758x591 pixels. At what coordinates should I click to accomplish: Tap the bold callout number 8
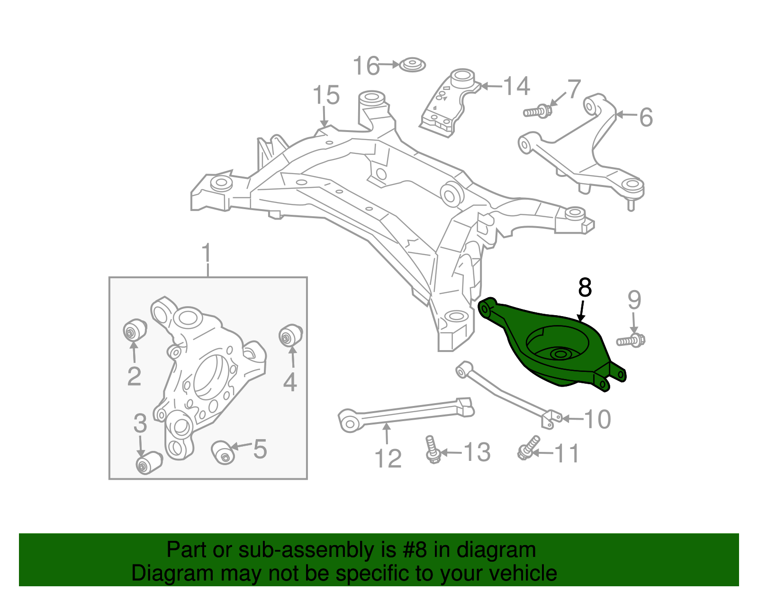tap(585, 288)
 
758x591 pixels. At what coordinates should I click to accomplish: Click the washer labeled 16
tap(412, 65)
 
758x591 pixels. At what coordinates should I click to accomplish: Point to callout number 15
tap(326, 95)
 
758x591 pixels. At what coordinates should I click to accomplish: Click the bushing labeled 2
tap(134, 330)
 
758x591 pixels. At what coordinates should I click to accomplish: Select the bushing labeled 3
tap(148, 462)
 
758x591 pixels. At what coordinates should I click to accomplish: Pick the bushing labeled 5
tap(223, 451)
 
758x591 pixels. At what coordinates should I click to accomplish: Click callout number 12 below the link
tap(388, 459)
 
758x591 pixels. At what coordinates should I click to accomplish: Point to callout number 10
tap(597, 419)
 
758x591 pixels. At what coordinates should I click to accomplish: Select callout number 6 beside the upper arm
tap(646, 117)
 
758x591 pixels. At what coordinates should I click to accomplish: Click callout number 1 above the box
tap(207, 254)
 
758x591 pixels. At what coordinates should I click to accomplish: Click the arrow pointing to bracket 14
tap(490, 87)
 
